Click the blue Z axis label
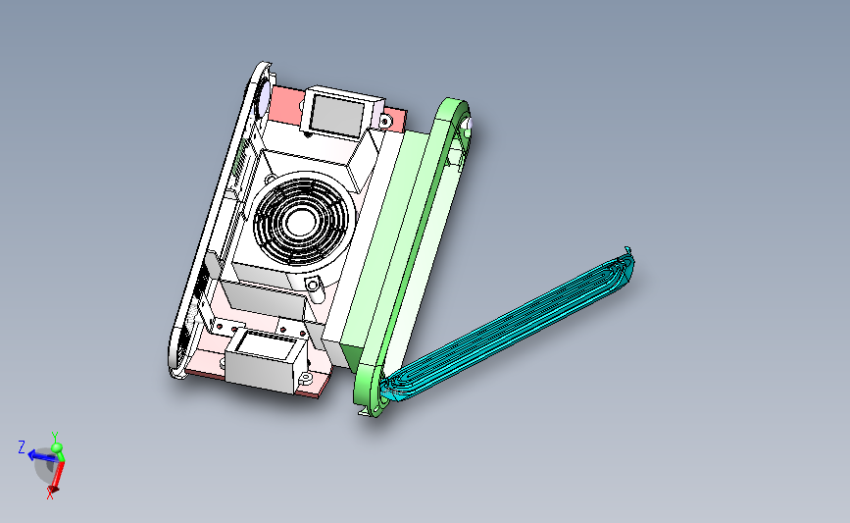pyautogui.click(x=22, y=447)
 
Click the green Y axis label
pyautogui.click(x=55, y=437)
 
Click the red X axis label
pyautogui.click(x=50, y=494)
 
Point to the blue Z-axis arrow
pyautogui.click(x=42, y=455)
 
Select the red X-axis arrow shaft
pyautogui.click(x=58, y=475)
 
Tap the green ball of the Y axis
pyautogui.click(x=57, y=447)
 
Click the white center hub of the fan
pyautogui.click(x=300, y=222)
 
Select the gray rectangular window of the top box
pyautogui.click(x=337, y=116)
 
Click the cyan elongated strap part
pyautogui.click(x=510, y=327)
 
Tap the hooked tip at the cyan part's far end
pyautogui.click(x=628, y=251)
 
